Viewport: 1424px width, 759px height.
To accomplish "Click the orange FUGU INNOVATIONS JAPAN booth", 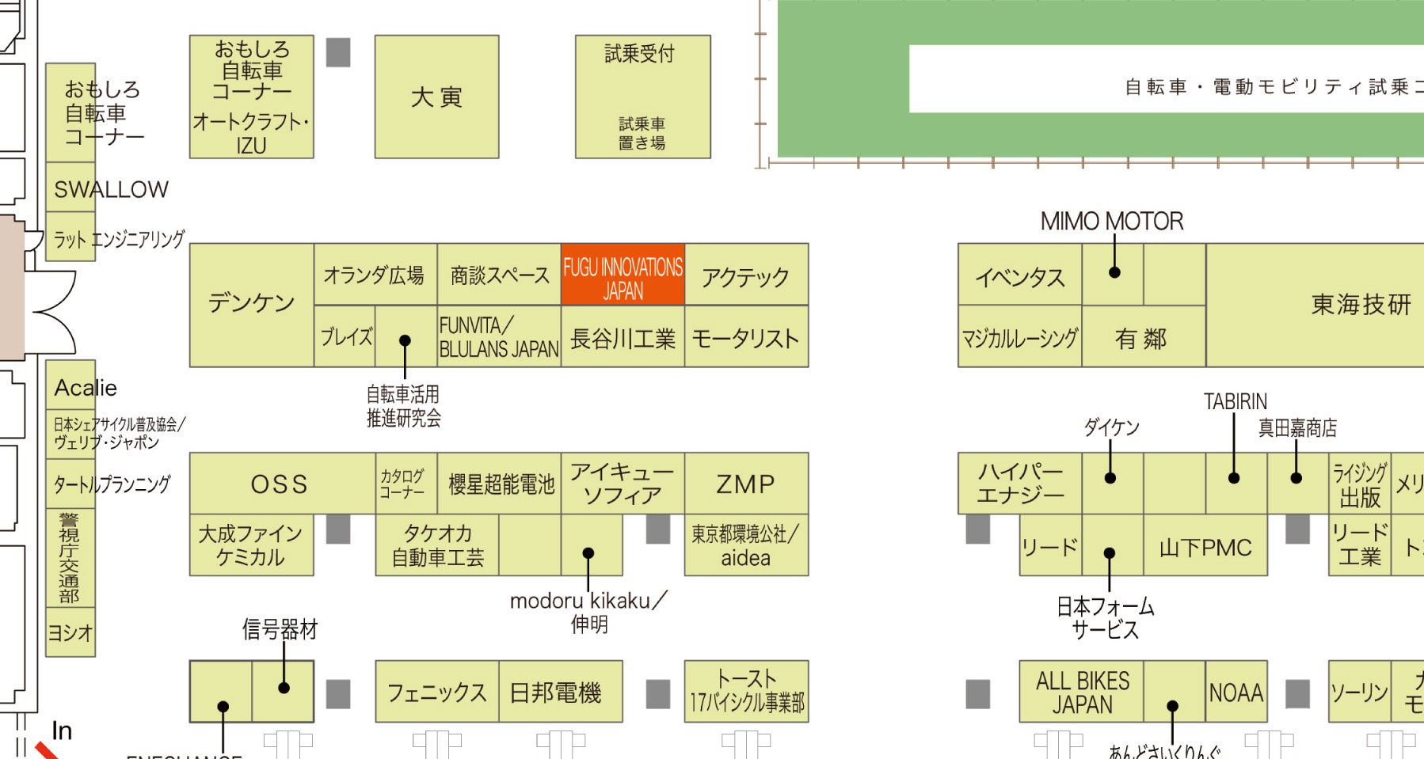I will coord(623,275).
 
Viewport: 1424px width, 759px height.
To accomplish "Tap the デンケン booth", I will coord(251,305).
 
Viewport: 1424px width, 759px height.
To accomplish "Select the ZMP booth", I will coord(745,484).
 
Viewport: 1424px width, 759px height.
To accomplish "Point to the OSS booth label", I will coord(280,484).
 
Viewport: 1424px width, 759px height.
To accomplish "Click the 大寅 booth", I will coord(436,97).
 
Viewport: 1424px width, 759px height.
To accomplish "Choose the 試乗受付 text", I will coord(640,54).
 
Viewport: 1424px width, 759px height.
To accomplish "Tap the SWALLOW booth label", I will coord(111,189).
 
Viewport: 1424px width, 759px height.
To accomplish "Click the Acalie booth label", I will coord(86,388).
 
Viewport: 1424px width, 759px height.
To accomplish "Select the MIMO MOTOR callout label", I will coord(1112,222).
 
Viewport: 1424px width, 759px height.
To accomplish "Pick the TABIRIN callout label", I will coord(1235,402).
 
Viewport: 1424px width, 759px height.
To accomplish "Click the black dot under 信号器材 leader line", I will coord(284,688).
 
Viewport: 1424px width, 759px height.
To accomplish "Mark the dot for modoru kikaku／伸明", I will coord(588,553).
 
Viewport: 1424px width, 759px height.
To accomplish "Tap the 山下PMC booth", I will coord(1205,548).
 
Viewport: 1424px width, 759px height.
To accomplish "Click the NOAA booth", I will coord(1236,693).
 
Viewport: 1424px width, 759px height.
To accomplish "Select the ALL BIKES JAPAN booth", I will coord(1082,693).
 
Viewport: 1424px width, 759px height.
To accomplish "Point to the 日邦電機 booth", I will coord(555,693).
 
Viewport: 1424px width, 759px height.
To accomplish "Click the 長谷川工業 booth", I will coord(623,339).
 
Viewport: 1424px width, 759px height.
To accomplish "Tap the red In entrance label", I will coord(62,731).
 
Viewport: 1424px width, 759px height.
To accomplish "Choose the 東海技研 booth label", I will coord(1361,305).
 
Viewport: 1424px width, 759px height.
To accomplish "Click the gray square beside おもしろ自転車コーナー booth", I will coord(338,53).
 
